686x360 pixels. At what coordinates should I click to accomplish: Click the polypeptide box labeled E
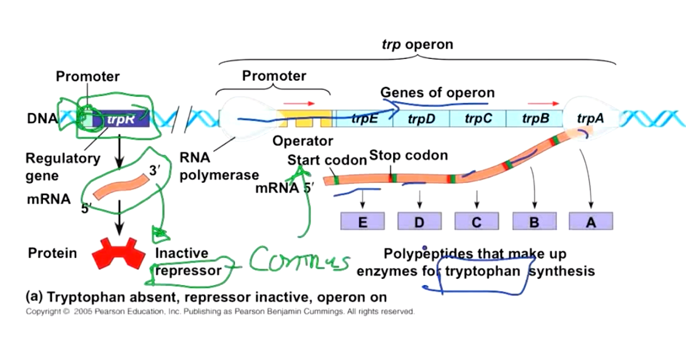coord(362,221)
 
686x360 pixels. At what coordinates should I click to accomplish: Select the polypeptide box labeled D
coord(420,221)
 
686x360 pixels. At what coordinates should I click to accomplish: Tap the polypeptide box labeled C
coord(477,221)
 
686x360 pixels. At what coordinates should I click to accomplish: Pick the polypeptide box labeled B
coord(534,221)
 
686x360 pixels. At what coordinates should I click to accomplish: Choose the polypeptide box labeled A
coord(591,221)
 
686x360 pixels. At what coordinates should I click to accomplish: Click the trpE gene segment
coord(364,119)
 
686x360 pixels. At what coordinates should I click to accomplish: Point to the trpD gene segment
coord(422,119)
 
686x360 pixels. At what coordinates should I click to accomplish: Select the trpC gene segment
coord(478,119)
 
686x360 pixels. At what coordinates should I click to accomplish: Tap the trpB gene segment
coord(536,119)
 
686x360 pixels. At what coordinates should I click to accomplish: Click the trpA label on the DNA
coord(591,119)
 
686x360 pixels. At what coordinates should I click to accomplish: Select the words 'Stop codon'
coord(408,155)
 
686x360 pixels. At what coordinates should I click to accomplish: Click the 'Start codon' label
coord(327,160)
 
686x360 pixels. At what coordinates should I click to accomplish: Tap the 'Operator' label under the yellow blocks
coord(302,141)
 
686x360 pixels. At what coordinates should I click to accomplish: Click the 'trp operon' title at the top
coord(417,44)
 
